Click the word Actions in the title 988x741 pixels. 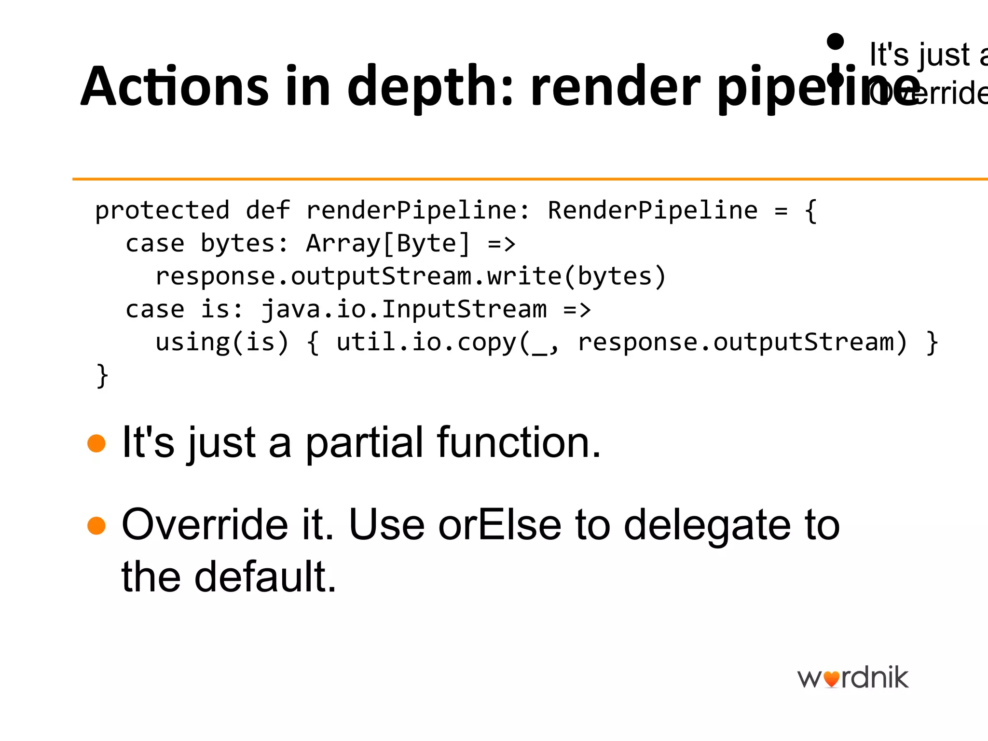174,87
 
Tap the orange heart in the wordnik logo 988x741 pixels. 831,679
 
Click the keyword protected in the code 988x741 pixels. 162,211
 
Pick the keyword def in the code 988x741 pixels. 268,211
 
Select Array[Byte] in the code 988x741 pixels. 388,243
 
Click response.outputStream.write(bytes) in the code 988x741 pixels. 411,276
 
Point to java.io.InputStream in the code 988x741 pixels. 404,309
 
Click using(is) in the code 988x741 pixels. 222,343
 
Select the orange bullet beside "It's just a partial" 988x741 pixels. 96,443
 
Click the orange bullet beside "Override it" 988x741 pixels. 96,526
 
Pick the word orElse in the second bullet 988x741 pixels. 500,525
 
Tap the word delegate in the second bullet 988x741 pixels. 707,525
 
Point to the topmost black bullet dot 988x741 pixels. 835,41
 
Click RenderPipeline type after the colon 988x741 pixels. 652,211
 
